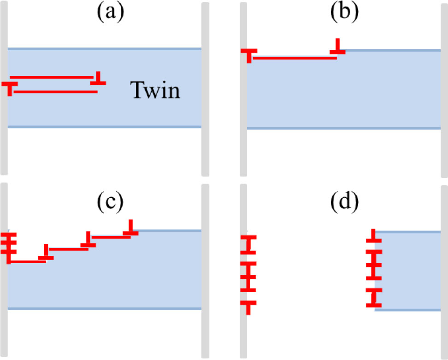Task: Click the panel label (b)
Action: [x=344, y=13]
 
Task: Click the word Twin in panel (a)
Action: [x=154, y=90]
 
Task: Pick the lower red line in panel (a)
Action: [x=55, y=92]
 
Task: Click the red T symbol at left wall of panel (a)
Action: [x=9, y=87]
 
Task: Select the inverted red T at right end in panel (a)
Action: [x=98, y=79]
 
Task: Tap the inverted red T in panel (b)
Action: [x=338, y=47]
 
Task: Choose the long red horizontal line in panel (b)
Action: [x=293, y=58]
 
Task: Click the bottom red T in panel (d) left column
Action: [x=248, y=307]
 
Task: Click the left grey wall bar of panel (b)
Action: [x=243, y=92]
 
